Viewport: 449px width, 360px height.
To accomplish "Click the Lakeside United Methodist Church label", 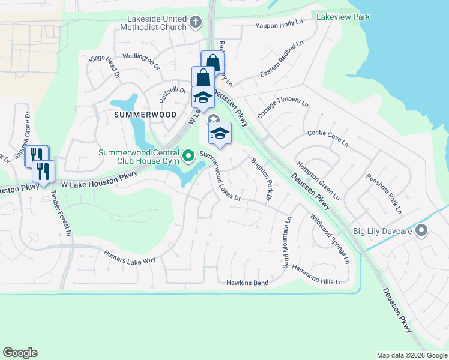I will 152,23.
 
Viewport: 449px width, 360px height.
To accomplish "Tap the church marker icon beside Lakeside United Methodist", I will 195,23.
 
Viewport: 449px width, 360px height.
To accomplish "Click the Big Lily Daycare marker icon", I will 422,230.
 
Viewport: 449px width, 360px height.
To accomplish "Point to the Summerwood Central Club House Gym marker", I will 188,157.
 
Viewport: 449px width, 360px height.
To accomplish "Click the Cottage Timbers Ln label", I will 282,106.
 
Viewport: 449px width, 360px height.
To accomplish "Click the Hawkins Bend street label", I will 246,282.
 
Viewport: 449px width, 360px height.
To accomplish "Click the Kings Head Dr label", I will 105,67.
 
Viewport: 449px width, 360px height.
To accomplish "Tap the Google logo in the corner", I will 20,353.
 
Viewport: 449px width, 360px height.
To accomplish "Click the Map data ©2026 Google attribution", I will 411,355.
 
